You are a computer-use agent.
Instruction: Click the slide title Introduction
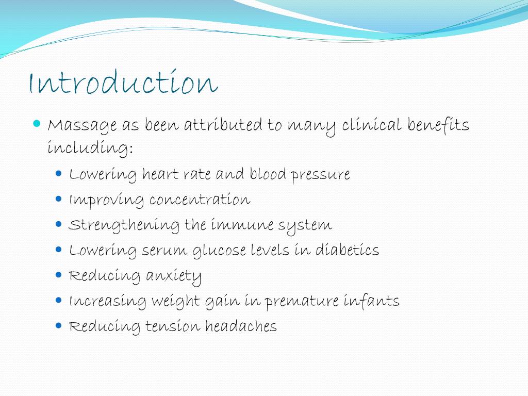[x=123, y=83]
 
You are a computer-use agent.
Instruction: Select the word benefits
[x=438, y=125]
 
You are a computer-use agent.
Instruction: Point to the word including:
[x=90, y=148]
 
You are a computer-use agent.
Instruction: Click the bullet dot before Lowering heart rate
[x=58, y=174]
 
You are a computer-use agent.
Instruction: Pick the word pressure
[x=320, y=175]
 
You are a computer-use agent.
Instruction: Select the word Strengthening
[x=125, y=225]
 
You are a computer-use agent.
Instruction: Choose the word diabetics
[x=347, y=250]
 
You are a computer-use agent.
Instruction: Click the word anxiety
[x=174, y=276]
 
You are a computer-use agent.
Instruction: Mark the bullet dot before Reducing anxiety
[x=58, y=275]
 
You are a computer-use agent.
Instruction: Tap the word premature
[x=302, y=301]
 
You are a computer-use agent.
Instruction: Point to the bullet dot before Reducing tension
[x=58, y=325]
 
